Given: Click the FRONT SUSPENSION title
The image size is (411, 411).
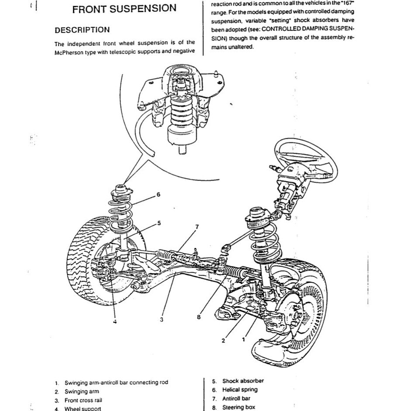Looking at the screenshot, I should pyautogui.click(x=124, y=9).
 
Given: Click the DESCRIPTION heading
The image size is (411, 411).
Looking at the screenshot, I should pyautogui.click(x=82, y=30).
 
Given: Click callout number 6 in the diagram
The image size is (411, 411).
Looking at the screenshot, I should pyautogui.click(x=158, y=194).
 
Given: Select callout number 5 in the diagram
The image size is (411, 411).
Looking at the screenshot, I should pyautogui.click(x=159, y=223).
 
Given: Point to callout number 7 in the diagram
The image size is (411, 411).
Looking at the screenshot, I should pyautogui.click(x=197, y=227).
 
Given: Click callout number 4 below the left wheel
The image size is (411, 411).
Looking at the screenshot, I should pyautogui.click(x=115, y=322).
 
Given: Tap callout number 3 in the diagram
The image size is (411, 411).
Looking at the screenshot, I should pyautogui.click(x=161, y=320).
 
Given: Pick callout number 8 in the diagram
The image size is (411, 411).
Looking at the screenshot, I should pyautogui.click(x=199, y=318).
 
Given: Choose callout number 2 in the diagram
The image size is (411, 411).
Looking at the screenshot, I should pyautogui.click(x=223, y=341).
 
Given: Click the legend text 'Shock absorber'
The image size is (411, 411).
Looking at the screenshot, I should pyautogui.click(x=243, y=381).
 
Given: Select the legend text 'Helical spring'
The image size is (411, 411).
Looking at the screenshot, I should pyautogui.click(x=240, y=390).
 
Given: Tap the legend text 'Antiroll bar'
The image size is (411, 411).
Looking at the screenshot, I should pyautogui.click(x=236, y=398).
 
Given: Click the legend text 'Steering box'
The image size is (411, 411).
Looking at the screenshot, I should pyautogui.click(x=239, y=408).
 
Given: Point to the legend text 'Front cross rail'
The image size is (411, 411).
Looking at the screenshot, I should pyautogui.click(x=83, y=400).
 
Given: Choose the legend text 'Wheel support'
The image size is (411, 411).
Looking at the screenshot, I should pyautogui.click(x=82, y=409).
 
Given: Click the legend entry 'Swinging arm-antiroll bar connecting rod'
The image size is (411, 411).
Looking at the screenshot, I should pyautogui.click(x=116, y=383).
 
